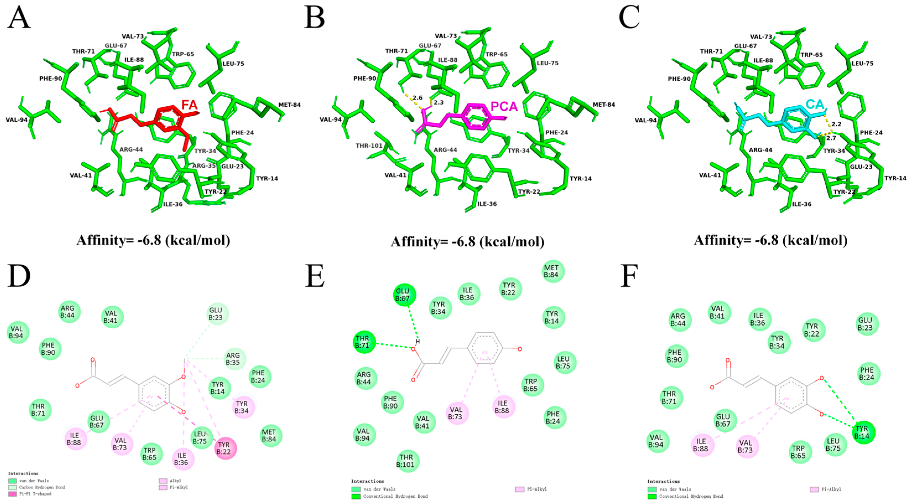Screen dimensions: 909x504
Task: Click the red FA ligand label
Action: point(189,105)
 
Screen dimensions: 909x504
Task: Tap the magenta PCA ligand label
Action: point(504,106)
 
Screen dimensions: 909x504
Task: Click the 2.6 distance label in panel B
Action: point(418,97)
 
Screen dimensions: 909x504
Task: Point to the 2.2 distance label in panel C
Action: point(836,124)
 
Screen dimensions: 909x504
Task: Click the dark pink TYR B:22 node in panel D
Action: point(225,448)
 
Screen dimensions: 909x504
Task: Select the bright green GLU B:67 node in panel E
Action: point(404,294)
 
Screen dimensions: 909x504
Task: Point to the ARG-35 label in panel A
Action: point(204,165)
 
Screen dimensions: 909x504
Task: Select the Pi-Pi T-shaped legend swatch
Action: point(13,494)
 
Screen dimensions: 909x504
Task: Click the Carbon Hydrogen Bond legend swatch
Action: point(13,487)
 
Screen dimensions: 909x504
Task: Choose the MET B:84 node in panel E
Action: point(553,271)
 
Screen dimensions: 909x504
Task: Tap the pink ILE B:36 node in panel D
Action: point(183,459)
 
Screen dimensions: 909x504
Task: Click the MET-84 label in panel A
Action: point(289,105)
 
